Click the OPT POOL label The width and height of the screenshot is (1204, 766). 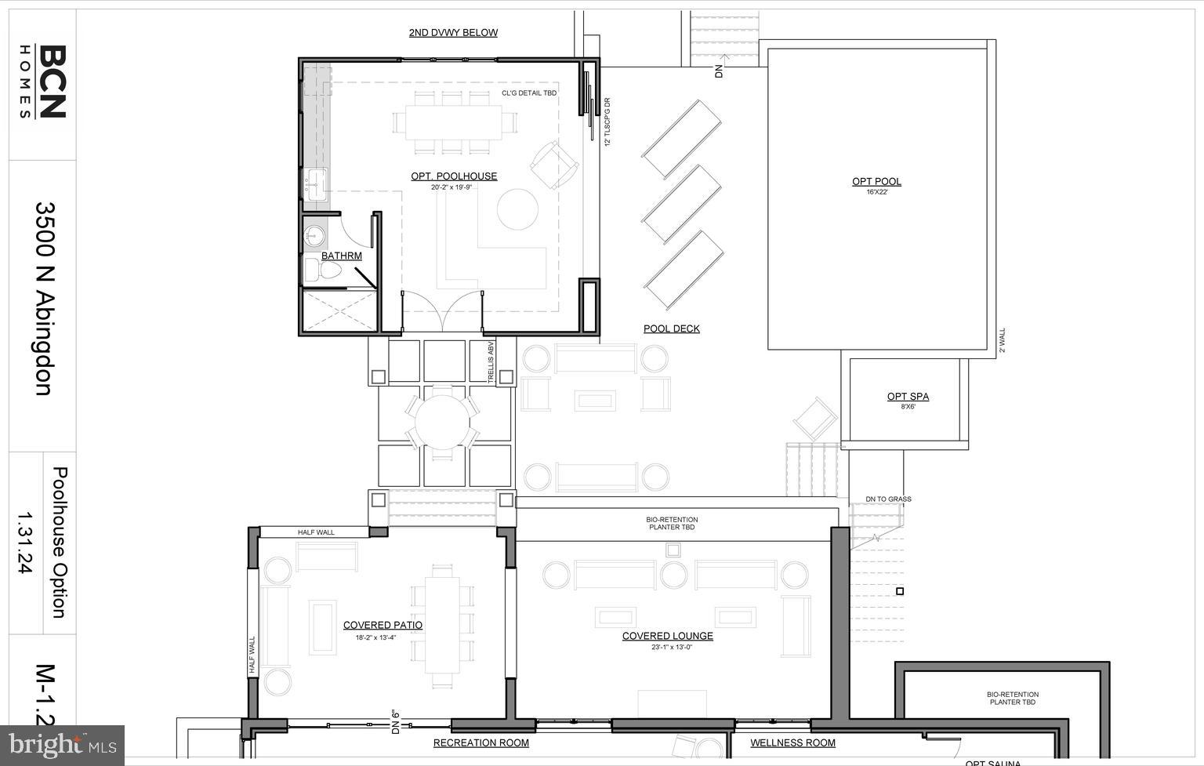[876, 182]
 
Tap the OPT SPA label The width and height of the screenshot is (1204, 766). [908, 397]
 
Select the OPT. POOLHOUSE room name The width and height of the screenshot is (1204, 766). [454, 176]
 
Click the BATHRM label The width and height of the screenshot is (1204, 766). [342, 256]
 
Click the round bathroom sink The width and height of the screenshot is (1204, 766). [315, 234]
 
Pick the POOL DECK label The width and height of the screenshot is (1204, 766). [672, 329]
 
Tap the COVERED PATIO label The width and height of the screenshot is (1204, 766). [383, 625]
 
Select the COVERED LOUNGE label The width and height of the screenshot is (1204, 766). [668, 636]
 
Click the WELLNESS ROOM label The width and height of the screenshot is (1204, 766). [792, 742]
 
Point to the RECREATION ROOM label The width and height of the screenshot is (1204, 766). [481, 742]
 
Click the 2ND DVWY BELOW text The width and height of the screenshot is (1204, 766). [453, 32]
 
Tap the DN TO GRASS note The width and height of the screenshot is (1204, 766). [888, 499]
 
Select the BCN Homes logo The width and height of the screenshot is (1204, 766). [42, 82]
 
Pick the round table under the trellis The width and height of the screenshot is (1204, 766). [442, 423]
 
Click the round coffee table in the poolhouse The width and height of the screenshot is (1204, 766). [517, 209]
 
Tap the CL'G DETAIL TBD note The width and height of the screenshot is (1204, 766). [529, 93]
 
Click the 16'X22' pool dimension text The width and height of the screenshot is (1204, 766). [876, 192]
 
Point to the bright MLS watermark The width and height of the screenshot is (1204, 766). [63, 744]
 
